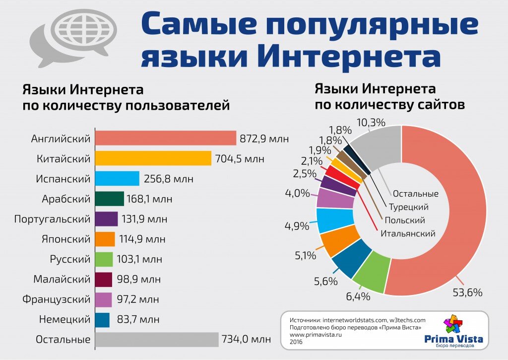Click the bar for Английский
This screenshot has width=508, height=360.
(x=165, y=138)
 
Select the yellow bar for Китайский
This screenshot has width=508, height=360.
(x=153, y=158)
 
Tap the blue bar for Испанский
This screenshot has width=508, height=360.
(x=117, y=179)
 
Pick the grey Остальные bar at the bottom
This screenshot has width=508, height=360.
(x=156, y=340)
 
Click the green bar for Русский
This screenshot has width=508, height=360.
(x=104, y=259)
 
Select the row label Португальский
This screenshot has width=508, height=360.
(x=52, y=219)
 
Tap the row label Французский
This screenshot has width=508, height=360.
(x=56, y=299)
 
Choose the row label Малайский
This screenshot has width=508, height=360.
(x=62, y=279)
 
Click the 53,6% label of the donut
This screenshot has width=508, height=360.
(x=467, y=292)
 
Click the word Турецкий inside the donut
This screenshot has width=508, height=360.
(x=408, y=207)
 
